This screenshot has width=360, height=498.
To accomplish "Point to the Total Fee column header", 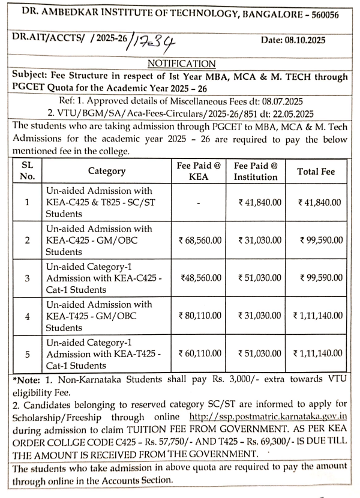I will (316, 171).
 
